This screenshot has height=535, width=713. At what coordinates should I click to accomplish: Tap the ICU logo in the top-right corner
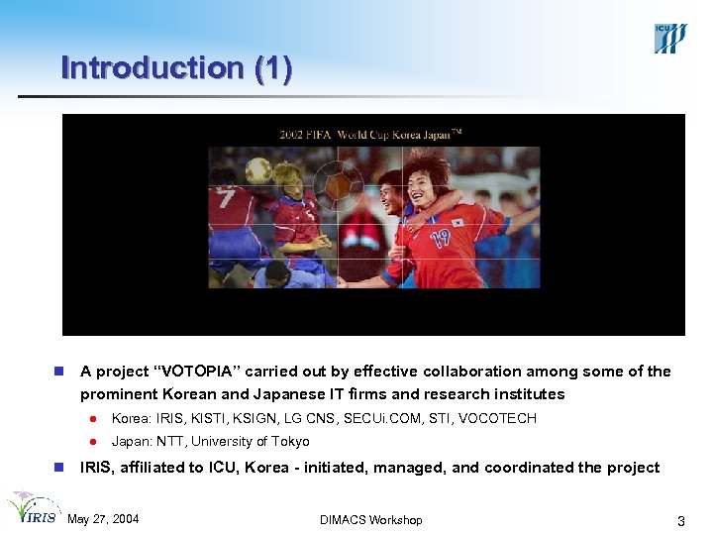pyautogui.click(x=669, y=37)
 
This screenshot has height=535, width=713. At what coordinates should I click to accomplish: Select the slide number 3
pyautogui.click(x=680, y=520)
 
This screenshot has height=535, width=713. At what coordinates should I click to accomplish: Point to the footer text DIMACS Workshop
pyautogui.click(x=371, y=520)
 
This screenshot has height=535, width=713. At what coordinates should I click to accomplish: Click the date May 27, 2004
pyautogui.click(x=103, y=519)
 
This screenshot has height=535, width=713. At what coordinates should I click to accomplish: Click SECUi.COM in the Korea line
pyautogui.click(x=368, y=418)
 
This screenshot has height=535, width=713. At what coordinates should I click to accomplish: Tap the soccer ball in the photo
pyautogui.click(x=258, y=169)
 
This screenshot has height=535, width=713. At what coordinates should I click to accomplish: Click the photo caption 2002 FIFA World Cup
pyautogui.click(x=337, y=134)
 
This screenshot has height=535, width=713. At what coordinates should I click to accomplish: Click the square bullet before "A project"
pyautogui.click(x=58, y=372)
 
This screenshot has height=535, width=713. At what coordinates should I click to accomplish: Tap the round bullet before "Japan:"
pyautogui.click(x=90, y=442)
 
